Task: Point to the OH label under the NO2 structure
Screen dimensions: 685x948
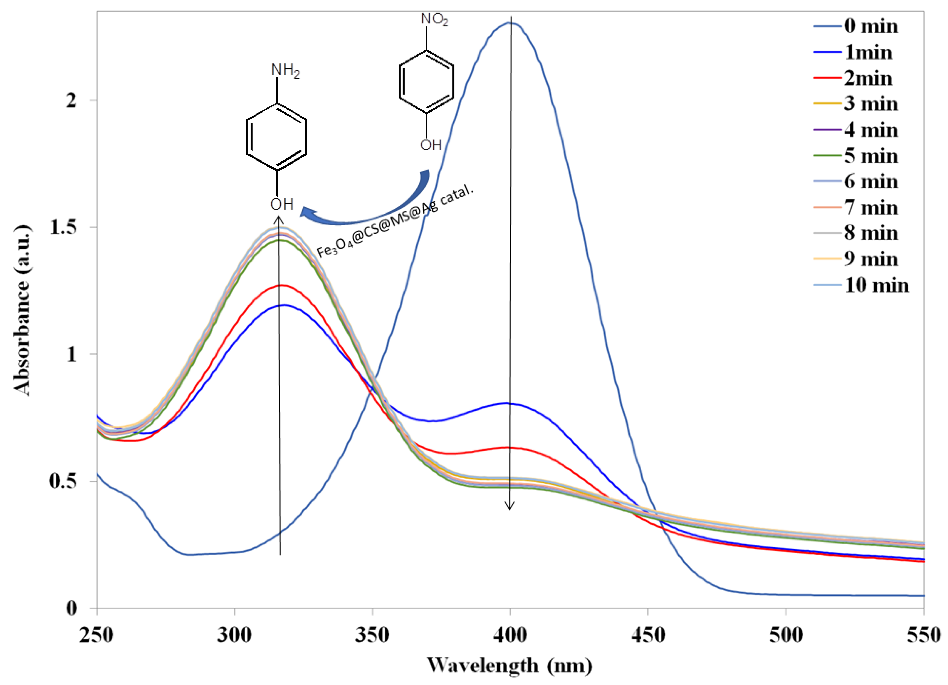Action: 430,145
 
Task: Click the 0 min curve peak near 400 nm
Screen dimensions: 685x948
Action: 510,23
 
